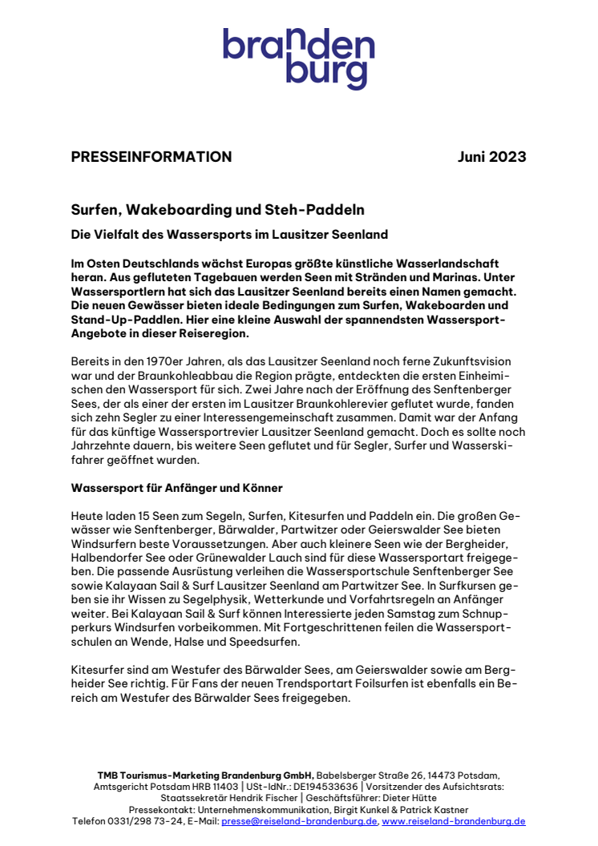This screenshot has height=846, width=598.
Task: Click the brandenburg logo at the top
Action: point(298,58)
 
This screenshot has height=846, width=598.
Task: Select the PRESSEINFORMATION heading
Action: point(152,157)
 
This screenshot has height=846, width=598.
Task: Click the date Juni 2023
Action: point(491,157)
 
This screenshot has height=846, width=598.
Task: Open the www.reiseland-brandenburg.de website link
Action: point(454,821)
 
